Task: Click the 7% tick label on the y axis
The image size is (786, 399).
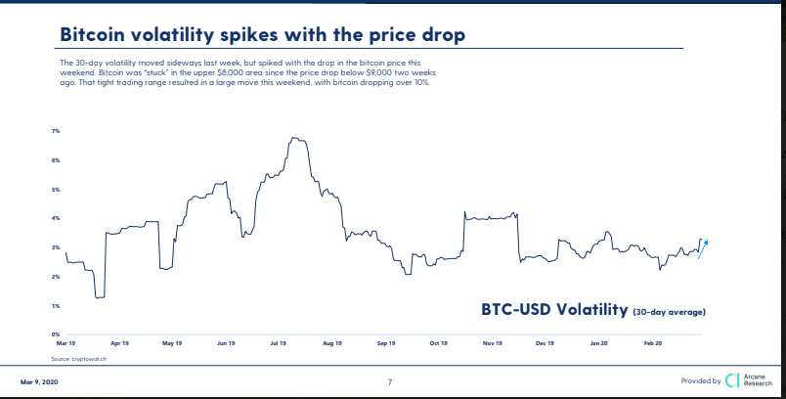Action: pos(56,131)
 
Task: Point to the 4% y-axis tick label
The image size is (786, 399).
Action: pos(56,218)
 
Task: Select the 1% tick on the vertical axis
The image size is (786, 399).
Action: pos(56,306)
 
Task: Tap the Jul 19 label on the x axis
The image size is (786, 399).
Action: pos(278,344)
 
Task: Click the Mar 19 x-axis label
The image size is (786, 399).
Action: pos(66,344)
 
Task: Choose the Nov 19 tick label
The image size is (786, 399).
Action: pos(492,344)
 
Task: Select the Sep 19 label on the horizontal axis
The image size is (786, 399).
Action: pos(385,344)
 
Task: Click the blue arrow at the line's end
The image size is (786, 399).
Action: pos(703,248)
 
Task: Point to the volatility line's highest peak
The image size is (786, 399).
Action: pos(293,139)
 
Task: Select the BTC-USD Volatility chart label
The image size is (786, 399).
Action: pos(552,310)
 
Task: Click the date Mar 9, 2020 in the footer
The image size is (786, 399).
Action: pos(38,380)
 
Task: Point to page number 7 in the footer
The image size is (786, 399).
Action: pos(390,381)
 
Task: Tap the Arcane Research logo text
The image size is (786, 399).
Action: pos(758,379)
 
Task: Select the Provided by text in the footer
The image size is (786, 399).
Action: pos(701,380)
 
